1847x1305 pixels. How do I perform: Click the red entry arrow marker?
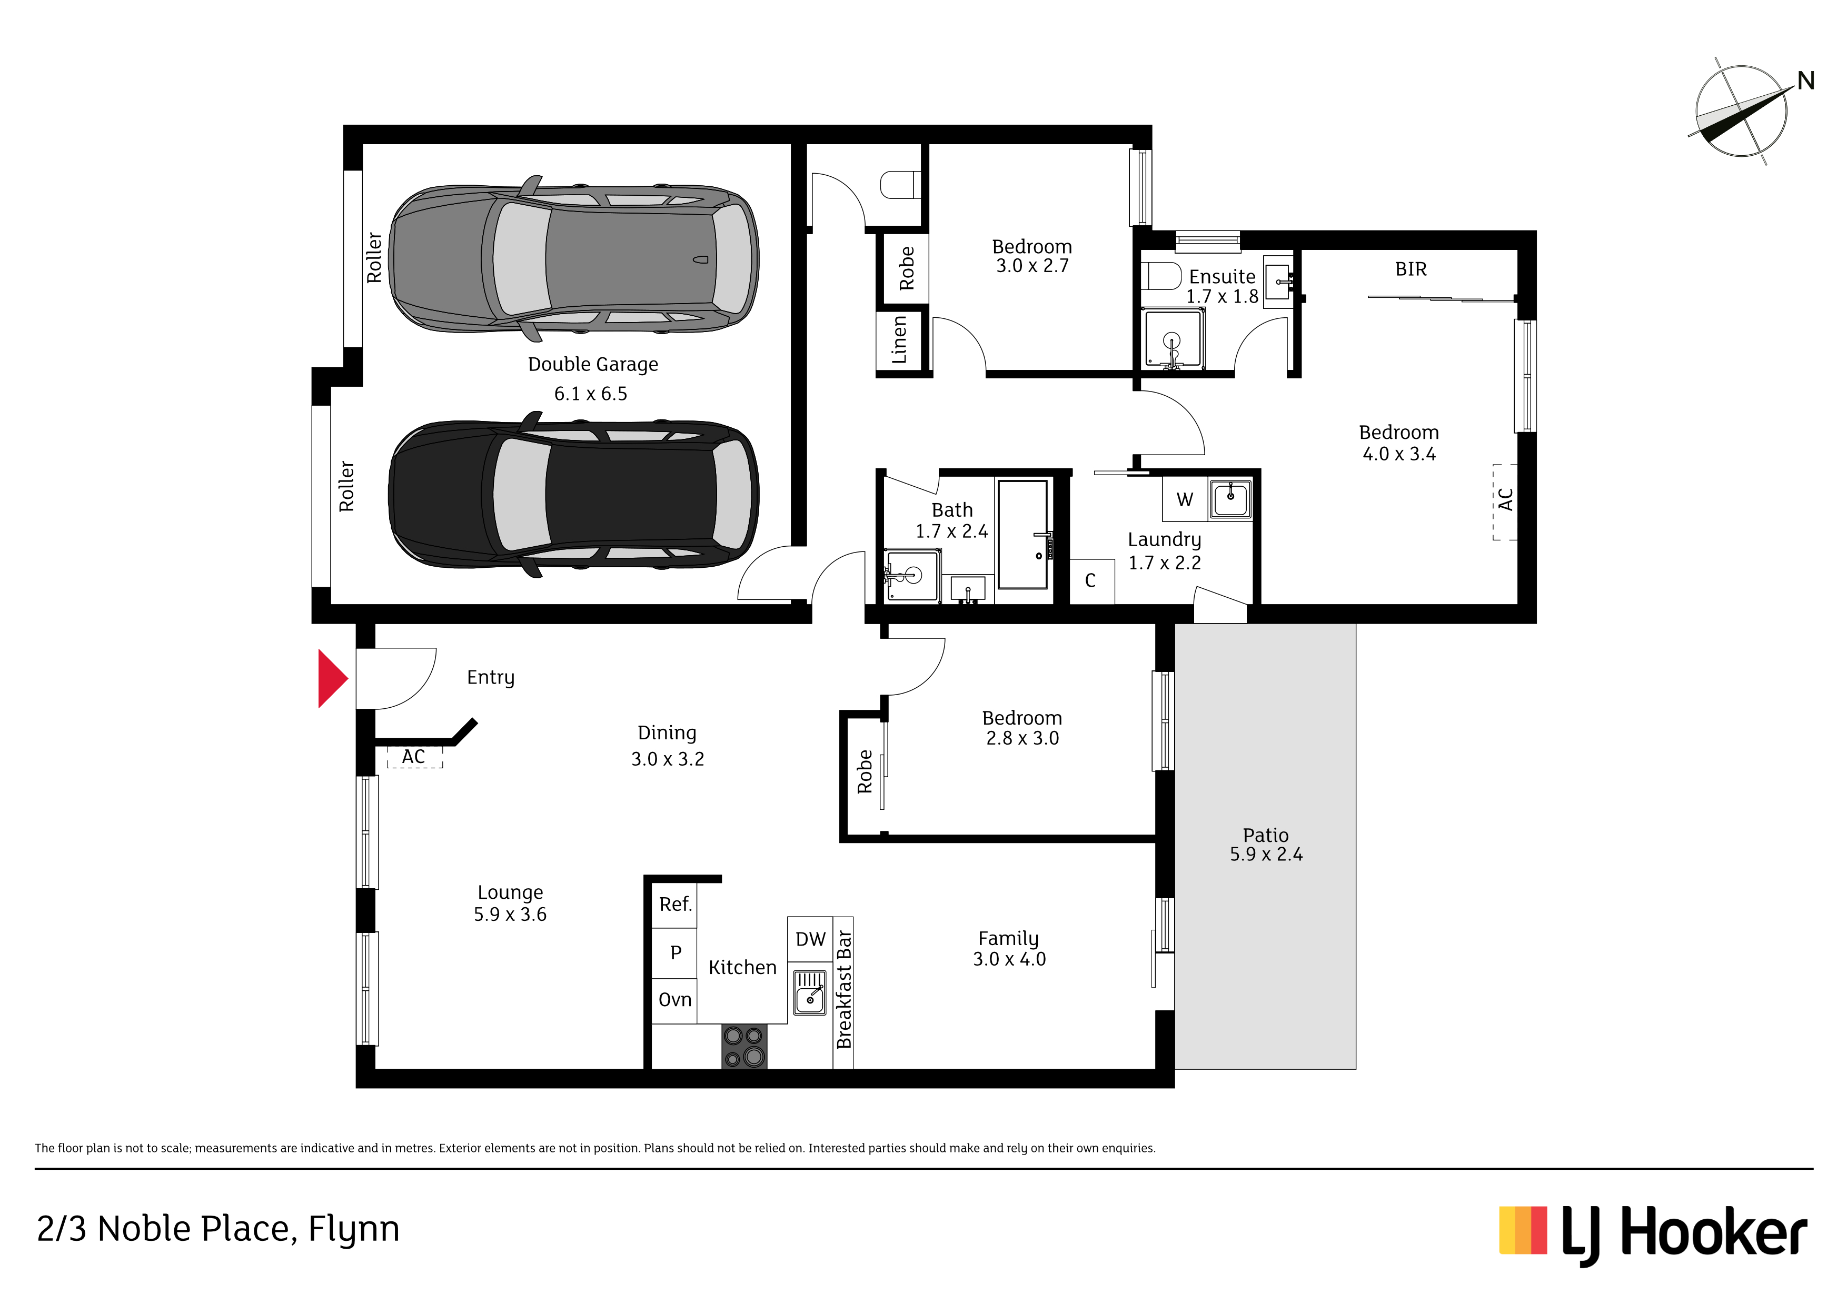[331, 679]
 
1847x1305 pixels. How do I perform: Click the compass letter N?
[1806, 81]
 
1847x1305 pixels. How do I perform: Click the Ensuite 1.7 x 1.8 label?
[1222, 286]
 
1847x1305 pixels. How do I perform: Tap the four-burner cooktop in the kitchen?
[744, 1046]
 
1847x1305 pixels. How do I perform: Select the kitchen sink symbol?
[810, 992]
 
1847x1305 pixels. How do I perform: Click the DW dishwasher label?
[810, 939]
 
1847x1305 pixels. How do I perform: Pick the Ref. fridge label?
[675, 904]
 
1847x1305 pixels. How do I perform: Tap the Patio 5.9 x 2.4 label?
[1266, 844]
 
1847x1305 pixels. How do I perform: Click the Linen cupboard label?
[899, 339]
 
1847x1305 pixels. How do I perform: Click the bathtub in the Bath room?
[1022, 535]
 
